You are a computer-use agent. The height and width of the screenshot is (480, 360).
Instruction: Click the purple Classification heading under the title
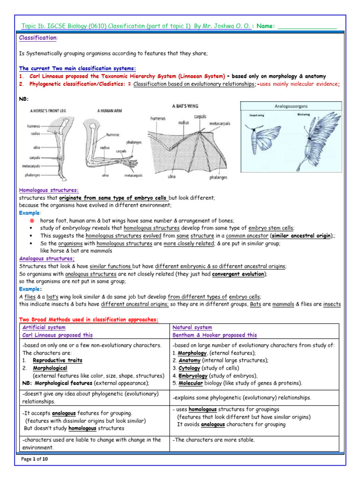click(38, 37)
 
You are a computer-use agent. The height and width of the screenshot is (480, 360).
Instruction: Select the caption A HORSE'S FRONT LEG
click(51, 111)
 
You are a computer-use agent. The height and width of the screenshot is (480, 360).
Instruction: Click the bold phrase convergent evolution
click(238, 274)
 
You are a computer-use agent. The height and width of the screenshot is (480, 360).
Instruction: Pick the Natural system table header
click(192, 327)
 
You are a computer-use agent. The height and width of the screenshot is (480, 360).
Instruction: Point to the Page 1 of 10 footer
click(35, 459)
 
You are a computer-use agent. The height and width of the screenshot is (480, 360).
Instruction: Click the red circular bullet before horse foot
click(32, 220)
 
